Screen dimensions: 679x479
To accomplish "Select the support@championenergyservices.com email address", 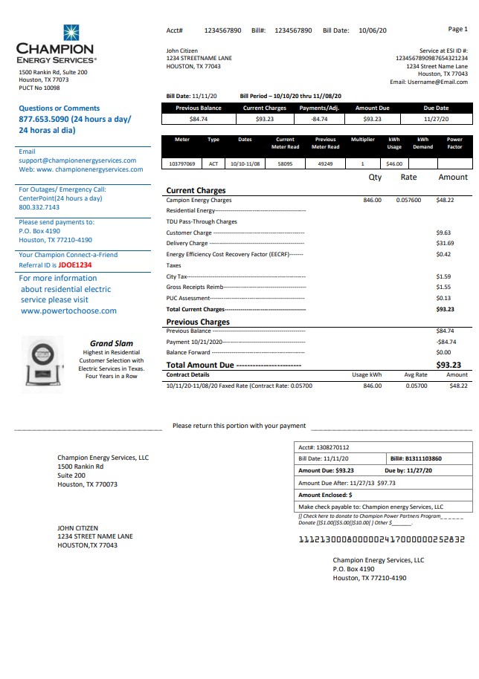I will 77,160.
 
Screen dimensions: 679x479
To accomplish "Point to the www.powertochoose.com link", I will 68,311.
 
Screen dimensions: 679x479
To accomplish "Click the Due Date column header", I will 436,108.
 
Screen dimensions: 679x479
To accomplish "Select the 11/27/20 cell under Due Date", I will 436,119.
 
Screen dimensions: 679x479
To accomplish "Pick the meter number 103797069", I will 182,163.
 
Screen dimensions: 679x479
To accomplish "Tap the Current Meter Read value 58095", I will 285,163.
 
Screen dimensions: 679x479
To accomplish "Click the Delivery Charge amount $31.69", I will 445,243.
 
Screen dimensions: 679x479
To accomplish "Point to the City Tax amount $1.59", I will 443,276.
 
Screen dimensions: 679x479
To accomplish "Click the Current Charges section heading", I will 196,191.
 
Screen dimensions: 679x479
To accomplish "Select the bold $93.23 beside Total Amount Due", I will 448,365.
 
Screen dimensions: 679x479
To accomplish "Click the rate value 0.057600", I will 408,200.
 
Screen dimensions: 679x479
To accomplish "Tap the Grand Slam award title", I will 112,343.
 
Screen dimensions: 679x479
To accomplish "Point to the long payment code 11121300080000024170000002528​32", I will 382,540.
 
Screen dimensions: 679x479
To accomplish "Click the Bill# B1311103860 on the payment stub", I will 416,459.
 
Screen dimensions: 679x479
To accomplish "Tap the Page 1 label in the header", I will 457,29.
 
